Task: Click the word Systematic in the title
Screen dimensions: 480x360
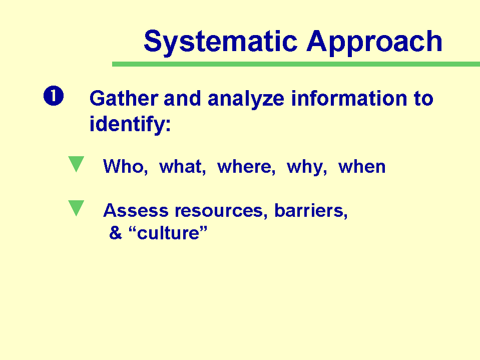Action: coord(220,42)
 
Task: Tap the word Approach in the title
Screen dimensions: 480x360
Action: coord(374,42)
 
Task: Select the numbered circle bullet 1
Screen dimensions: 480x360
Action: coord(54,96)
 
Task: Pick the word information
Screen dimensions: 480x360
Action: coord(349,98)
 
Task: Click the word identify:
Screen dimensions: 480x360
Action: coord(130,124)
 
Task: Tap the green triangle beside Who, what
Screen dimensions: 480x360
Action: coord(76,164)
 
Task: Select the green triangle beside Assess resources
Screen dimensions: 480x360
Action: coord(76,208)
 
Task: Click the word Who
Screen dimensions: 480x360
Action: coord(126,167)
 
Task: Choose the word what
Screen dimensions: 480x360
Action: coord(183,167)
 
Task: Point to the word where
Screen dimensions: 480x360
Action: coord(246,167)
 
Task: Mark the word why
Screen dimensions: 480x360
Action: coord(307,168)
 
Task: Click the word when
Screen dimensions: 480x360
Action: coord(362,167)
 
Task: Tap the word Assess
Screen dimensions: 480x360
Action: coord(136,211)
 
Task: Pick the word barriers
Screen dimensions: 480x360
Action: coord(311,211)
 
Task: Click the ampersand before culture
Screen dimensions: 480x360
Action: coord(116,233)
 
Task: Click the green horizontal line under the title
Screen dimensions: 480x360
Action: coord(296,64)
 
